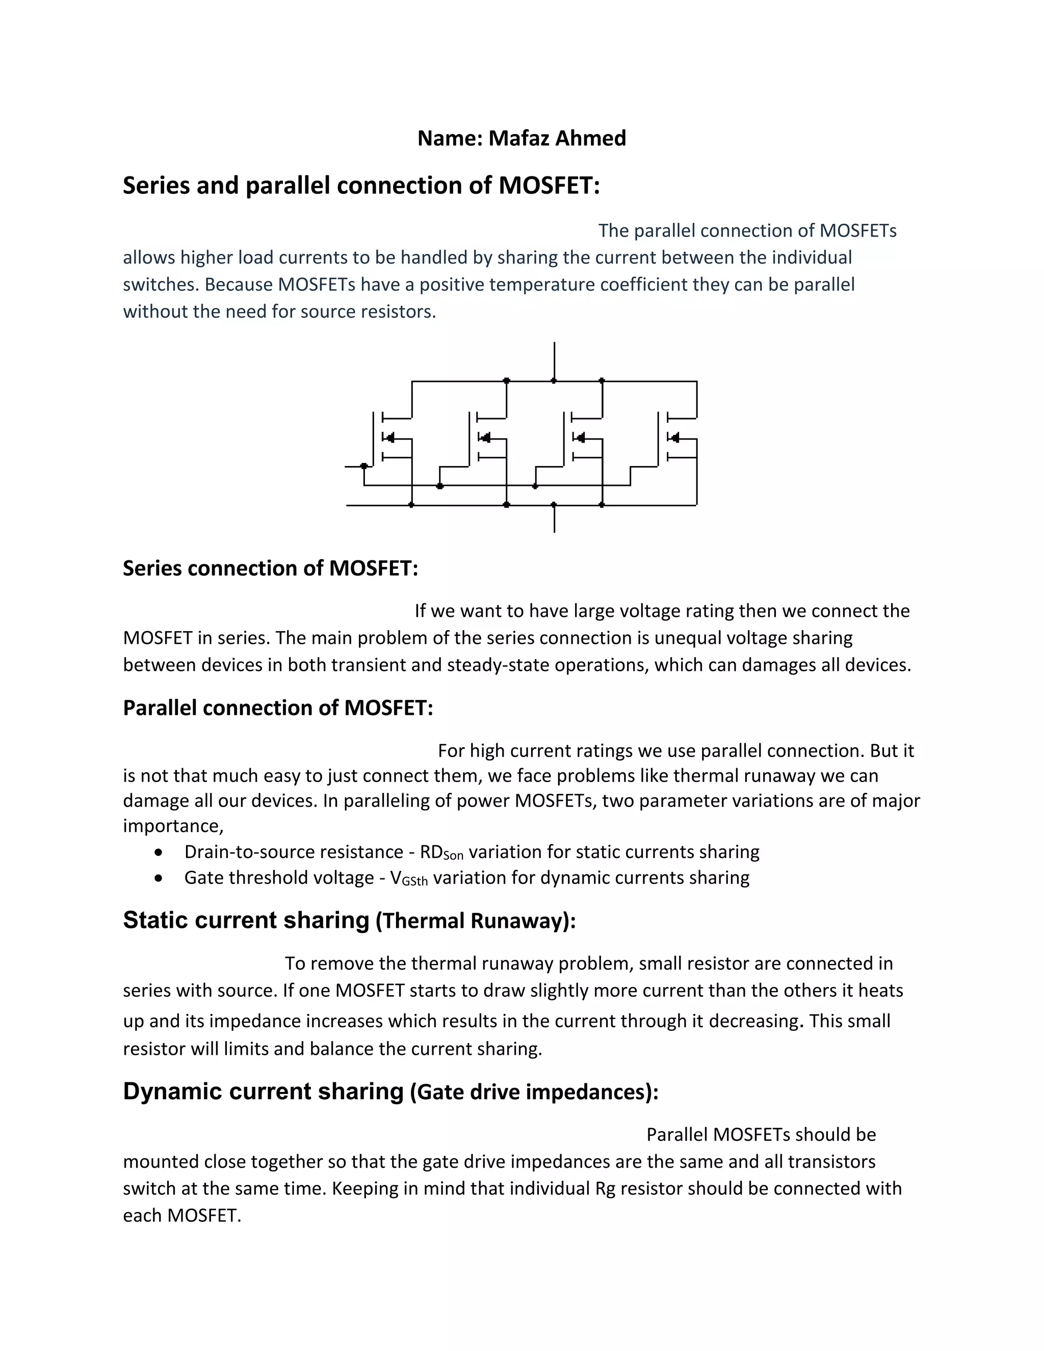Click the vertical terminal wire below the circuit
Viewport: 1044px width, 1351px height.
(x=554, y=519)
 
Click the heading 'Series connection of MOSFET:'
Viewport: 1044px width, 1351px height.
(x=270, y=568)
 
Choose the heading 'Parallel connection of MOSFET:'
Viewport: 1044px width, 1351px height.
(x=278, y=708)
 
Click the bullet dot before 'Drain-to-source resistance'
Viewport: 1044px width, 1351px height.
(x=160, y=852)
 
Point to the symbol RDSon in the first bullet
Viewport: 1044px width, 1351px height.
(x=441, y=852)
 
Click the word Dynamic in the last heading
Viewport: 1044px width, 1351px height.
(x=173, y=1091)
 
